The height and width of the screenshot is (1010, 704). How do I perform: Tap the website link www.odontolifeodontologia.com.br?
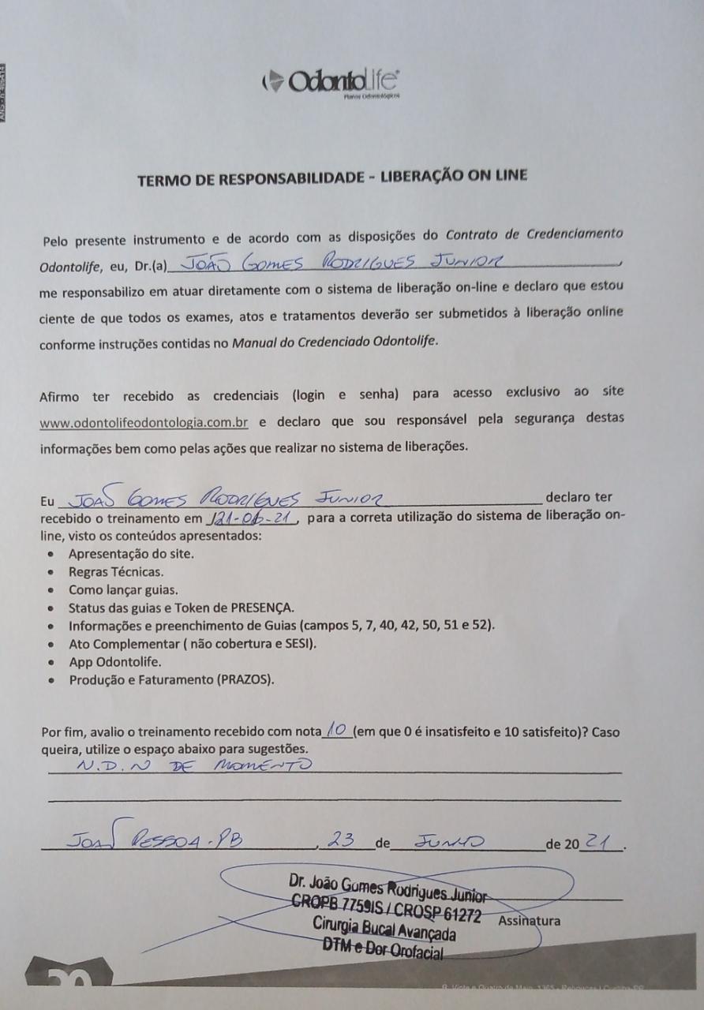144,422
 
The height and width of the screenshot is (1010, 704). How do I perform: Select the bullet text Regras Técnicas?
116,570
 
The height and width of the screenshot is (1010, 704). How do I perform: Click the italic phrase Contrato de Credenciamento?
534,234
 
